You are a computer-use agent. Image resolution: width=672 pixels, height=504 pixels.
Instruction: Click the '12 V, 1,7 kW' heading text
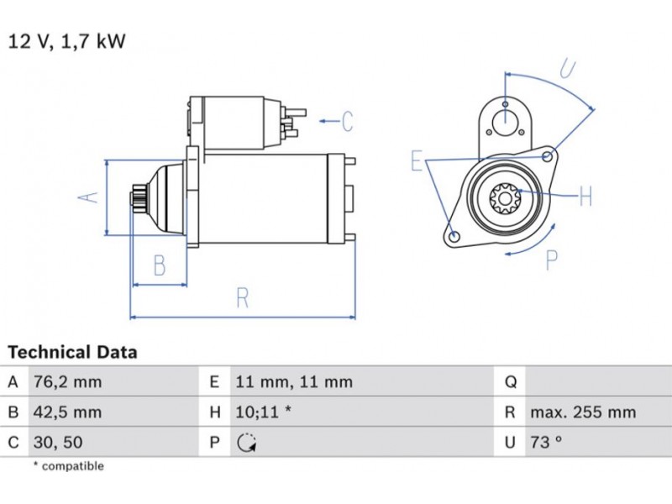[67, 41]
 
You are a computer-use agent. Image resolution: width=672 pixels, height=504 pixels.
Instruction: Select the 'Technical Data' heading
[72, 353]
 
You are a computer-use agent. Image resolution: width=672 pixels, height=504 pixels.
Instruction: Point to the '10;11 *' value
[264, 412]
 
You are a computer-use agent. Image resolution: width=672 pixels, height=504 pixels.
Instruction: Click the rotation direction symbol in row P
[246, 443]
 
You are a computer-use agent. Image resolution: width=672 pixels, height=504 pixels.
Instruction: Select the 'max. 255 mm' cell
[582, 412]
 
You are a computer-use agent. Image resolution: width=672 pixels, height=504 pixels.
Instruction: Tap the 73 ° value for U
[546, 442]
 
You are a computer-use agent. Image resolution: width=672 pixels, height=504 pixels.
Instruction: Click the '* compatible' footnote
[68, 466]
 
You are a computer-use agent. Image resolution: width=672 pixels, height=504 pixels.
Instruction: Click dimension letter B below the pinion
[159, 265]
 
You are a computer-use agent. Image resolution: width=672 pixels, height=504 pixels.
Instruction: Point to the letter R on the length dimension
[242, 297]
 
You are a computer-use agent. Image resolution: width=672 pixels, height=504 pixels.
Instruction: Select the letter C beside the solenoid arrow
[347, 122]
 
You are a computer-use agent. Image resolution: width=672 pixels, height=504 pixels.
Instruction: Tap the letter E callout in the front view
[416, 160]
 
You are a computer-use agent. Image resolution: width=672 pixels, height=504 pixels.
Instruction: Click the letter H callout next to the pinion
[585, 197]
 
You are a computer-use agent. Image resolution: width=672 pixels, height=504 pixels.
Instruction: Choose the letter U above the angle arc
[568, 67]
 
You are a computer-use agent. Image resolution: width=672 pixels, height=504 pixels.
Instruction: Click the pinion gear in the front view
[506, 199]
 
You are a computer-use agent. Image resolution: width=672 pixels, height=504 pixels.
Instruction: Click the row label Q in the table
[510, 382]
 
